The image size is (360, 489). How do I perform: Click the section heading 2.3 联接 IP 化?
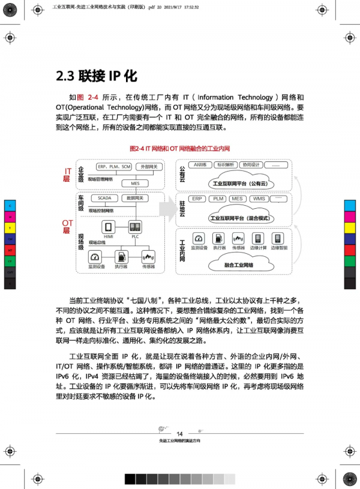pyautogui.click(x=96, y=76)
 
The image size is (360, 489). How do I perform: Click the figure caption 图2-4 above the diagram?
pyautogui.click(x=180, y=148)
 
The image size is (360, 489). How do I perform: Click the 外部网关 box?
pyautogui.click(x=149, y=166)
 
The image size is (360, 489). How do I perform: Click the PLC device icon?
pyautogui.click(x=135, y=228)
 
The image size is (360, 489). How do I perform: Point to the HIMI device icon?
pyautogui.click(x=109, y=228)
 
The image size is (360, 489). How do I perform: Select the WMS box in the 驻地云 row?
pyautogui.click(x=259, y=199)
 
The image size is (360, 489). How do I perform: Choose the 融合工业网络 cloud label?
pyautogui.click(x=238, y=265)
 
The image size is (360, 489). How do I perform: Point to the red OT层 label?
pyautogui.click(x=67, y=227)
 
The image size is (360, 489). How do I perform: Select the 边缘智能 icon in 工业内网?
pyautogui.click(x=278, y=241)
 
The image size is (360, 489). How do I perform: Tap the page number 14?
pyautogui.click(x=180, y=434)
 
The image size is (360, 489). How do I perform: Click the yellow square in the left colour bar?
pyautogui.click(x=10, y=227)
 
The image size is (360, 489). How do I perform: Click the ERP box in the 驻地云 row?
pyautogui.click(x=197, y=199)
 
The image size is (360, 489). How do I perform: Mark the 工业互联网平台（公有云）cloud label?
pyautogui.click(x=238, y=183)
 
